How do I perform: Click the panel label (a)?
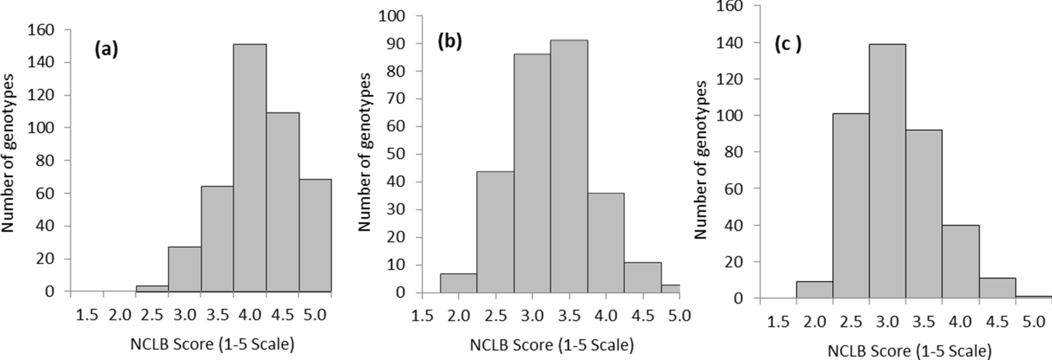[x=106, y=50]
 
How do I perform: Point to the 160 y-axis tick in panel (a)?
[x=41, y=30]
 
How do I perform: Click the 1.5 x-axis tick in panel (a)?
[x=87, y=314]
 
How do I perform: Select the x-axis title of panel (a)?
[x=213, y=344]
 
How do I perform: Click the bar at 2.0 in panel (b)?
[x=459, y=283]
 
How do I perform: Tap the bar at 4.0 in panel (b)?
[x=606, y=243]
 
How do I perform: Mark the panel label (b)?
[x=449, y=42]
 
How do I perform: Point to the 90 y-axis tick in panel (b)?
[x=393, y=44]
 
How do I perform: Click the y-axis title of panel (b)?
[x=365, y=152]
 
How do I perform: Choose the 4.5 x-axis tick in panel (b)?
[x=642, y=315]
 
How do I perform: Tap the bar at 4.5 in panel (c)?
[x=997, y=288]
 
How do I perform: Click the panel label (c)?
[x=788, y=45]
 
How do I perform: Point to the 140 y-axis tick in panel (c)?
[x=731, y=43]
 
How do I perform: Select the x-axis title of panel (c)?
[x=909, y=351]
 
